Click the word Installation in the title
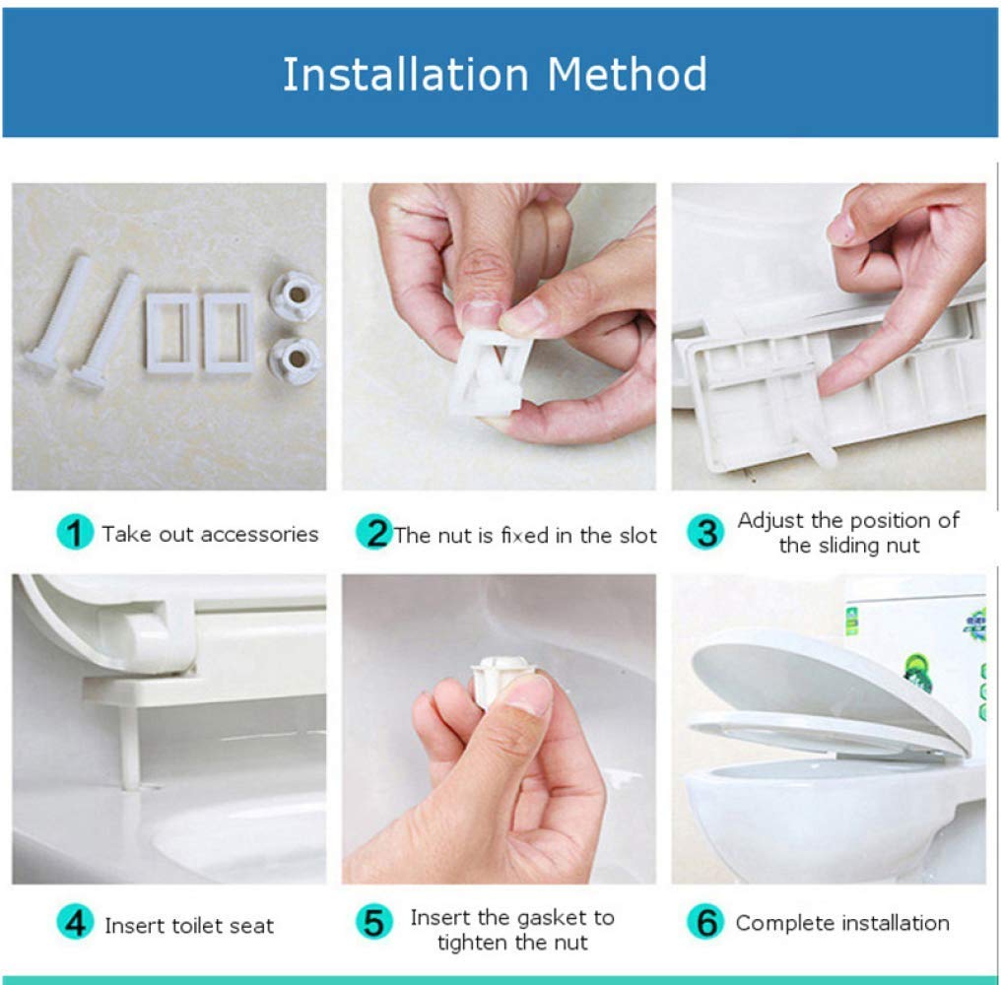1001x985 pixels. coord(406,75)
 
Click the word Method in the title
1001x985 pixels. coord(627,75)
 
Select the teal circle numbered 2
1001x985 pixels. coord(374,532)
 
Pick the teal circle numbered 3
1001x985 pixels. coord(705,532)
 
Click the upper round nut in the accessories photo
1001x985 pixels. coord(296,295)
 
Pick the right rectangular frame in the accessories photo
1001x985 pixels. coord(230,333)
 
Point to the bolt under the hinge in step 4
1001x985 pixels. coord(130,745)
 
